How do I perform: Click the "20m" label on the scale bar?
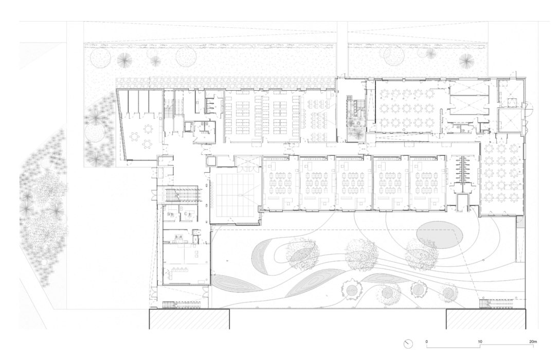(x=533, y=341)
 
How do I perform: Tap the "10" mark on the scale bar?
(x=480, y=341)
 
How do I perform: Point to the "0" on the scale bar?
(x=426, y=341)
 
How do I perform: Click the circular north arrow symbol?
(x=409, y=344)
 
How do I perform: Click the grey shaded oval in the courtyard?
(x=439, y=235)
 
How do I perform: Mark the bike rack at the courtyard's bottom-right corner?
(x=494, y=303)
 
